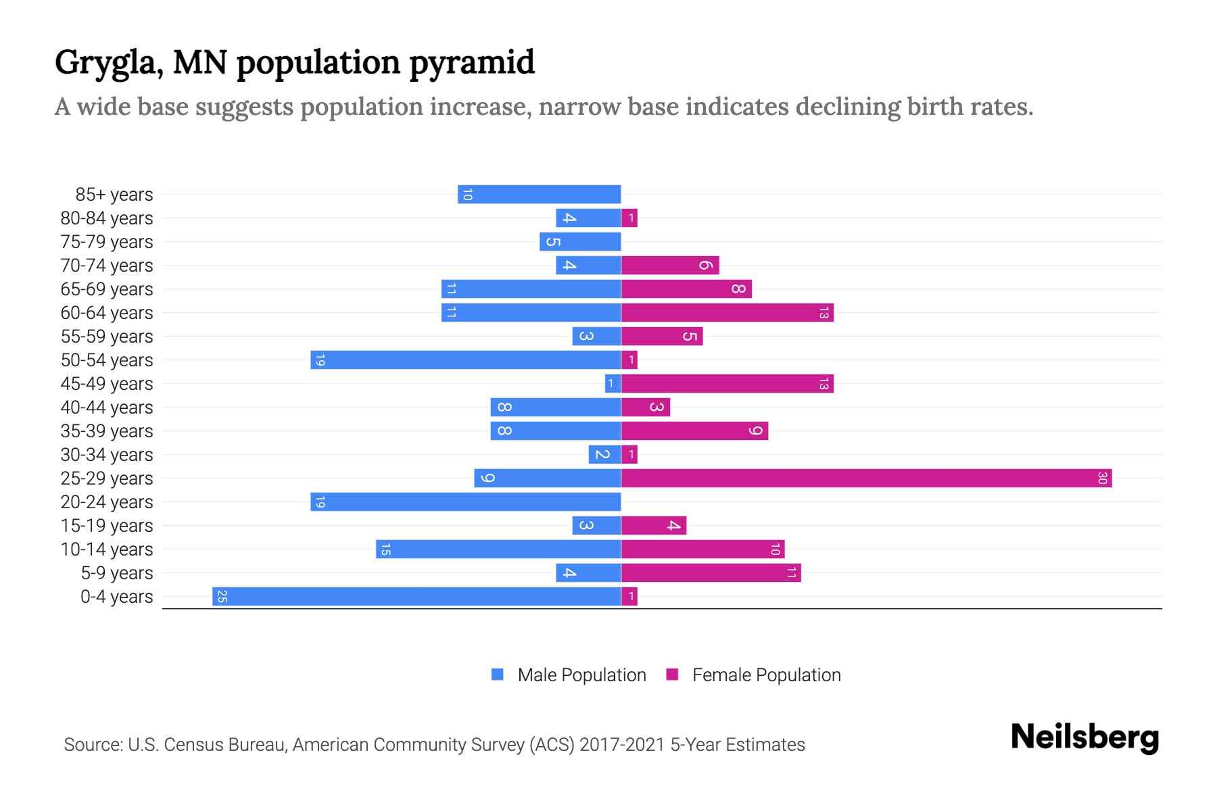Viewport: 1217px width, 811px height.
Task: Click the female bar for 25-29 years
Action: coord(865,478)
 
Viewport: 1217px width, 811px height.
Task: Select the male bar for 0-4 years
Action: coord(416,597)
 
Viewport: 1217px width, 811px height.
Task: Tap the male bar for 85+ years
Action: coord(539,195)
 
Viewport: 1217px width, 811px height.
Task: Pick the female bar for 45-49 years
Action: coord(727,384)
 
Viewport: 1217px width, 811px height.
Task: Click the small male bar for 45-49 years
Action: coord(613,384)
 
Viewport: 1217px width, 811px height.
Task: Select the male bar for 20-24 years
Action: coord(465,502)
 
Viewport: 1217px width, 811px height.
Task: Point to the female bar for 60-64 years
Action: coord(727,313)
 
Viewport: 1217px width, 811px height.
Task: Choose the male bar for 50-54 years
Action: coord(465,360)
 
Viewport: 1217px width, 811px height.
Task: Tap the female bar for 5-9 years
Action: coord(711,573)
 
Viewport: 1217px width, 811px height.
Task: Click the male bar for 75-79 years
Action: coord(580,242)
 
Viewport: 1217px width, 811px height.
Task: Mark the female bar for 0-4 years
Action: coord(629,597)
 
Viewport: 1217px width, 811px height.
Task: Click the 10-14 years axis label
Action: coord(107,549)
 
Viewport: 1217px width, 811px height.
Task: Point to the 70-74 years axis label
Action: coord(107,266)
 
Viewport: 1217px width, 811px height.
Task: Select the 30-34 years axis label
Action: coord(107,455)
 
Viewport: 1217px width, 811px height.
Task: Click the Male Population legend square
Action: coord(498,674)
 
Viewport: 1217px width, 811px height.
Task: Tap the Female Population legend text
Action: coord(766,675)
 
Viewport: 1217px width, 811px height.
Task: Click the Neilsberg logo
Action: coord(1084,737)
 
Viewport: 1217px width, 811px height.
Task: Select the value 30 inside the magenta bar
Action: coord(1102,478)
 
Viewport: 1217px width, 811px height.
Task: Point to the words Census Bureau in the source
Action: coord(226,745)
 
